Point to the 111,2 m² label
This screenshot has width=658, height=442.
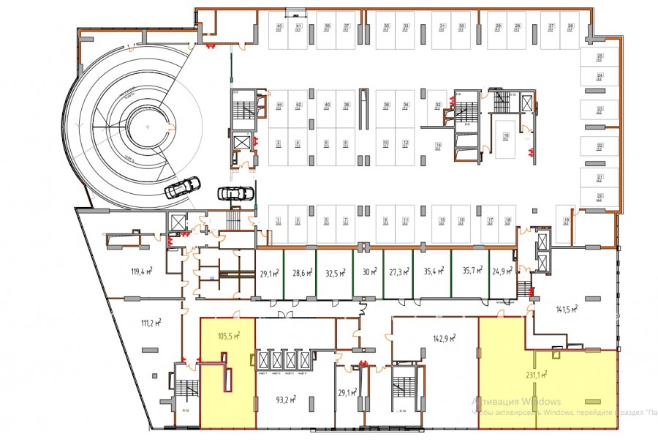point(150,322)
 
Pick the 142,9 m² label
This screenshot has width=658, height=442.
point(445,338)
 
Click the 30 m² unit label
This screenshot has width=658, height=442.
point(369,273)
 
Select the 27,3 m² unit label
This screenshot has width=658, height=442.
point(398,273)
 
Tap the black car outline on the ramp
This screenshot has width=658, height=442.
point(181,189)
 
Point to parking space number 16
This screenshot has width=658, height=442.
point(505,135)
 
